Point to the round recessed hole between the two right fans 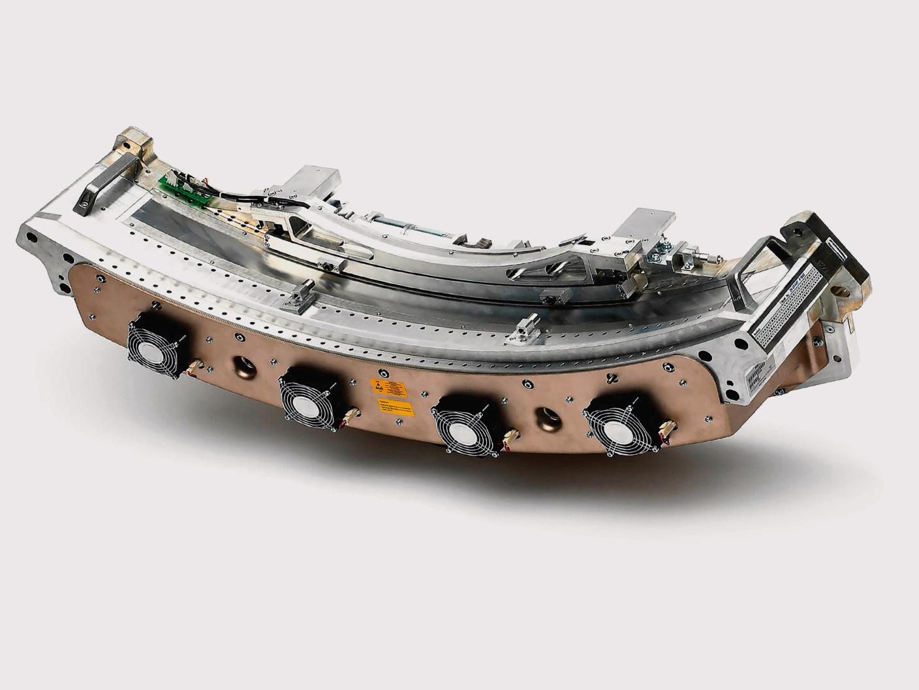[x=543, y=418]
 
